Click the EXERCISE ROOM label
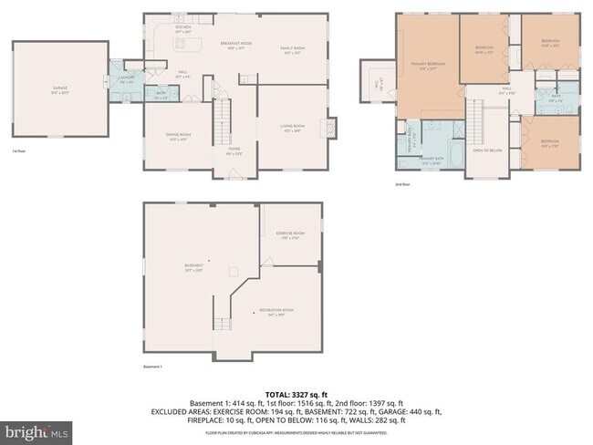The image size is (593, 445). tap(290, 234)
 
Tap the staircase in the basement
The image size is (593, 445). tap(223, 323)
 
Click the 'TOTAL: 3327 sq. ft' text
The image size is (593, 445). tap(296, 393)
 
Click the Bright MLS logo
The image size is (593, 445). tap(36, 429)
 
